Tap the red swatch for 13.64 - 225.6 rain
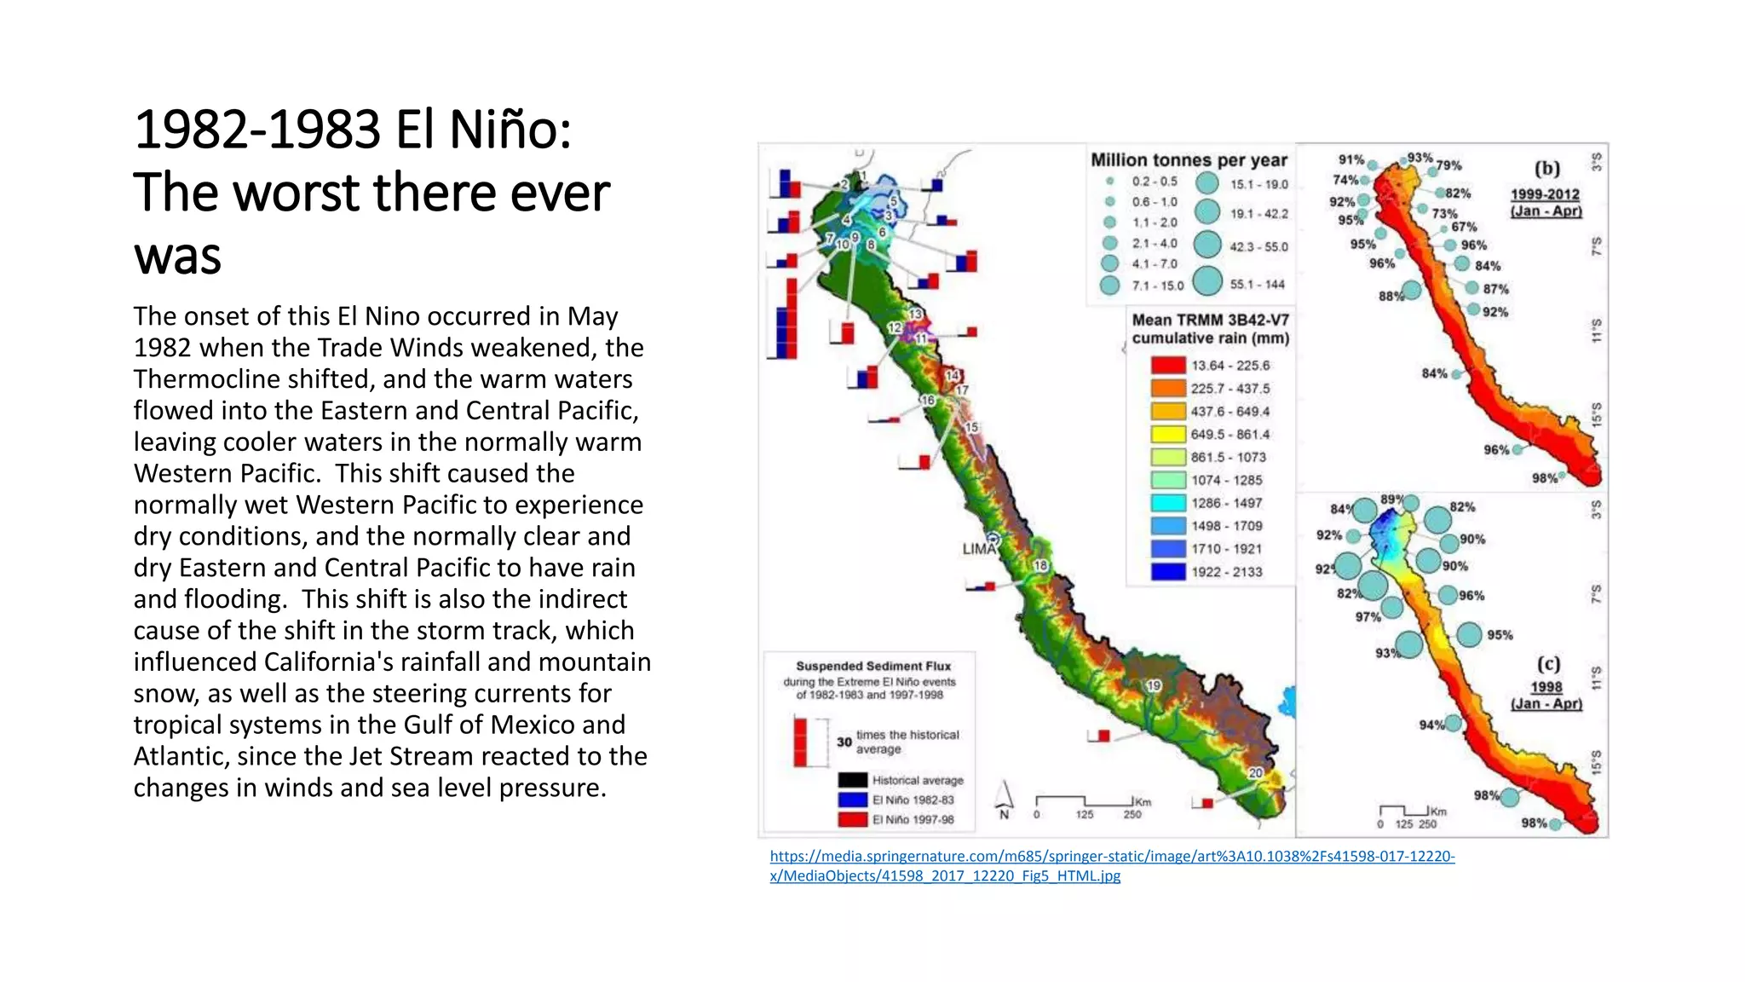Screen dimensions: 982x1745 (1168, 365)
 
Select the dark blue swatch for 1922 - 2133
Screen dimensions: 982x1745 (1168, 572)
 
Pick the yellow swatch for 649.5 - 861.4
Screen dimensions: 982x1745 (1168, 434)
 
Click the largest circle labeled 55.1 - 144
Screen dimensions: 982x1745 (1207, 281)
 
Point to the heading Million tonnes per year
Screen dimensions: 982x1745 (1189, 160)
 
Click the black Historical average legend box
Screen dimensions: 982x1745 (852, 780)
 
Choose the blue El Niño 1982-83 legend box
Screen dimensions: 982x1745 (852, 800)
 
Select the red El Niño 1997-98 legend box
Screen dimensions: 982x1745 (852, 819)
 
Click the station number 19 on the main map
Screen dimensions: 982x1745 (1153, 685)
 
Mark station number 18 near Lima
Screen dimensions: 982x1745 (1040, 565)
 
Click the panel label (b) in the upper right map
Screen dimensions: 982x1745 (1546, 169)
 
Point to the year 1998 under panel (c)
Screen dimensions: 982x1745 (1546, 687)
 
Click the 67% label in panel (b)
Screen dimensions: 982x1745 (1464, 227)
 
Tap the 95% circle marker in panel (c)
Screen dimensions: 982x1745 (1469, 634)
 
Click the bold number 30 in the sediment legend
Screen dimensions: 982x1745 (844, 742)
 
